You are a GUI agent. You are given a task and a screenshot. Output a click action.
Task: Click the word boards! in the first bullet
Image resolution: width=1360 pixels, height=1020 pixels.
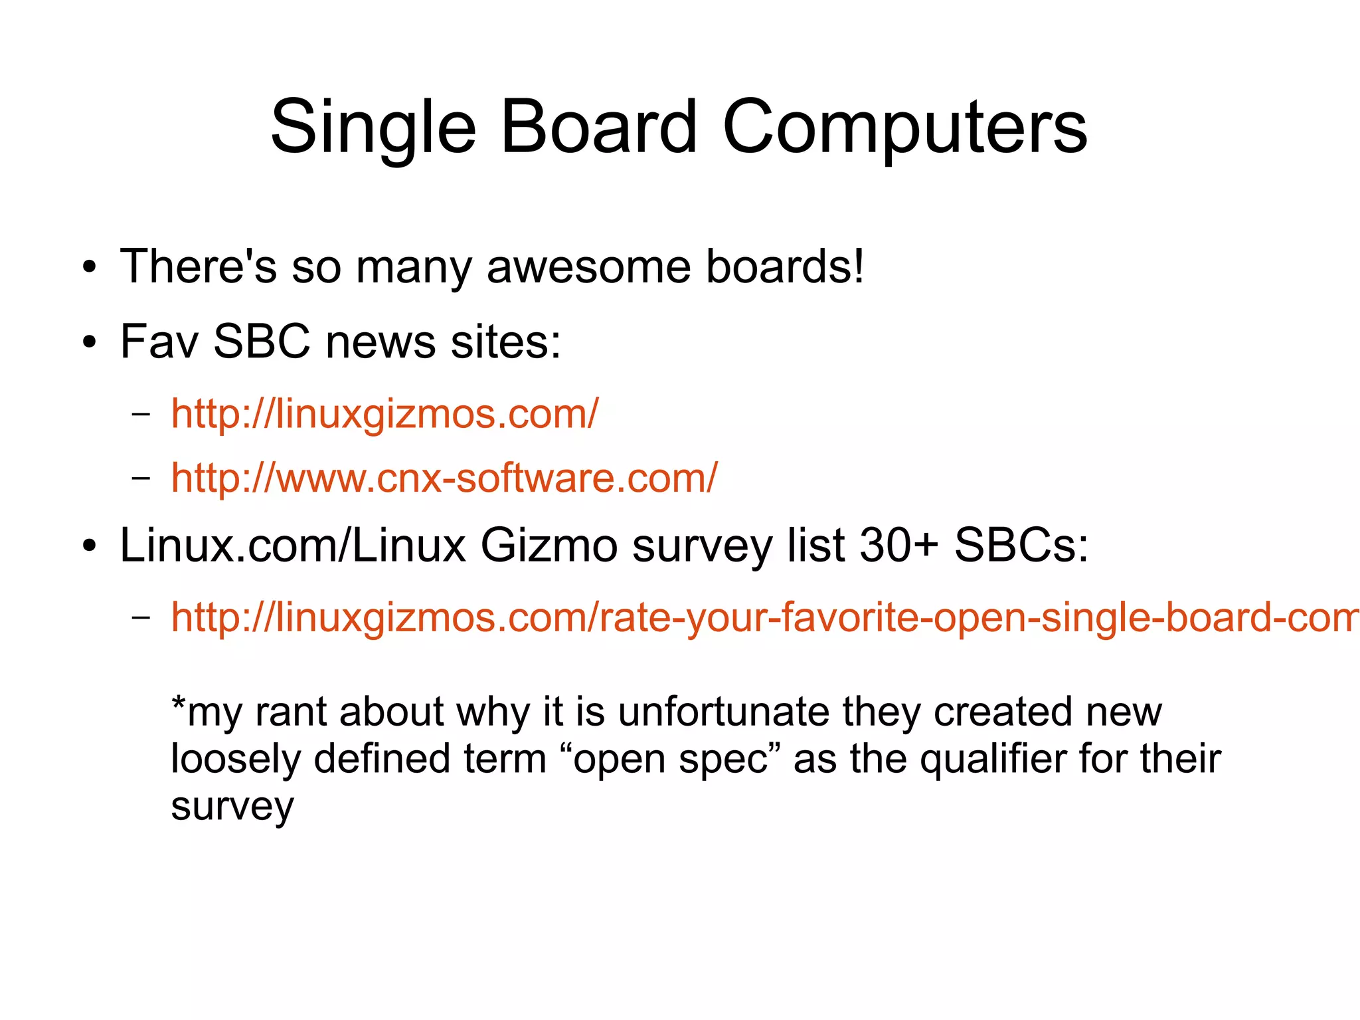(785, 266)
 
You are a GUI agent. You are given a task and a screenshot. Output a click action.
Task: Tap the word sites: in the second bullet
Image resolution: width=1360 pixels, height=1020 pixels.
(506, 342)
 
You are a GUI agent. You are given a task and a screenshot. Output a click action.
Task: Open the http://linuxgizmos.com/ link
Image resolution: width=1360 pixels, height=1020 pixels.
(384, 414)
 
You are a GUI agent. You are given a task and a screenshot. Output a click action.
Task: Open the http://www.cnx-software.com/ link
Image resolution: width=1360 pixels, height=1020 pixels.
(444, 478)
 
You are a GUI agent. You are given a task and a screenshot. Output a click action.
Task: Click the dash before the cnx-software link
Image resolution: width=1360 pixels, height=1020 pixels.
(141, 478)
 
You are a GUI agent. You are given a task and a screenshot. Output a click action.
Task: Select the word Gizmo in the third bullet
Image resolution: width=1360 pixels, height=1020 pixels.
(549, 546)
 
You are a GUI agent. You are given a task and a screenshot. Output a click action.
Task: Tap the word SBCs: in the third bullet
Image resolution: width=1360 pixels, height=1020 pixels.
(1021, 546)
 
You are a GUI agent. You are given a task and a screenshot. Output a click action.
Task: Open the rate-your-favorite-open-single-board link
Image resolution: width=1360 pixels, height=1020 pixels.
(764, 617)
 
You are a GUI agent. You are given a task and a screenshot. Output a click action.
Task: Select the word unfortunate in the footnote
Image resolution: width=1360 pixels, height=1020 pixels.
(723, 712)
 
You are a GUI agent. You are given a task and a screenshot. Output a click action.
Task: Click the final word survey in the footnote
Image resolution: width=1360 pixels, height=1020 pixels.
(232, 807)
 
